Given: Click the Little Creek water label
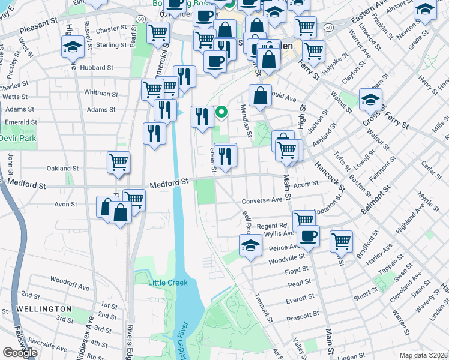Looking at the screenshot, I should (168, 283).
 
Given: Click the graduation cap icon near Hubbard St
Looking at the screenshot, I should (73, 46).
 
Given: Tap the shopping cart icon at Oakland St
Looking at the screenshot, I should (118, 161).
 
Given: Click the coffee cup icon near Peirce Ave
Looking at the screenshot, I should (308, 236).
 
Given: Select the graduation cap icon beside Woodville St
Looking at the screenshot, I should (250, 245).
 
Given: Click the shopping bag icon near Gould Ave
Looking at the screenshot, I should (260, 95).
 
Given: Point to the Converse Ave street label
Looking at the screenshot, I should (262, 200).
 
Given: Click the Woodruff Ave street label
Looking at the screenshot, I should (70, 280).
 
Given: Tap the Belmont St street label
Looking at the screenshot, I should (376, 200).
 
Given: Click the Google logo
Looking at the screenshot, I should (20, 352).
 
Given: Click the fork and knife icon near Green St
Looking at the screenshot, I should (225, 156).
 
